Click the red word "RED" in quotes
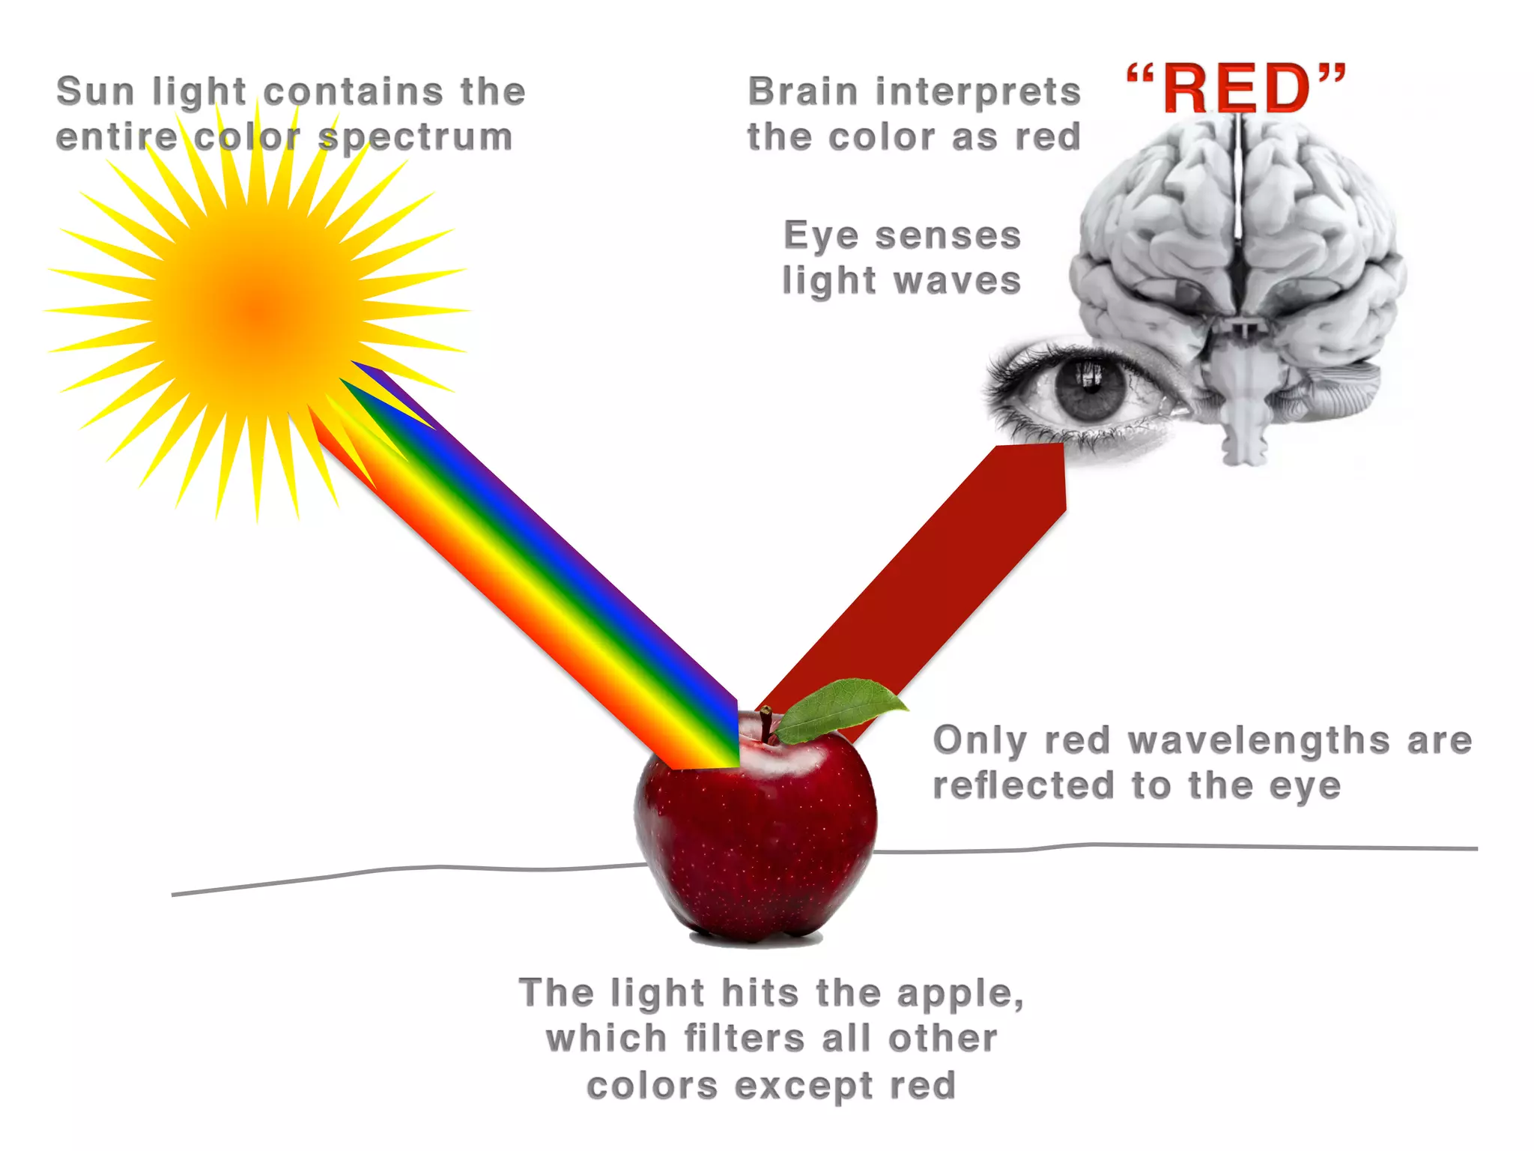coord(1237,89)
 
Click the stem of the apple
coord(766,722)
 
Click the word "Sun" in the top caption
coord(95,91)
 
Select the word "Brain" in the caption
coord(802,91)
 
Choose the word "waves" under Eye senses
coord(958,281)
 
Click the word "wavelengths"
coord(1259,740)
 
